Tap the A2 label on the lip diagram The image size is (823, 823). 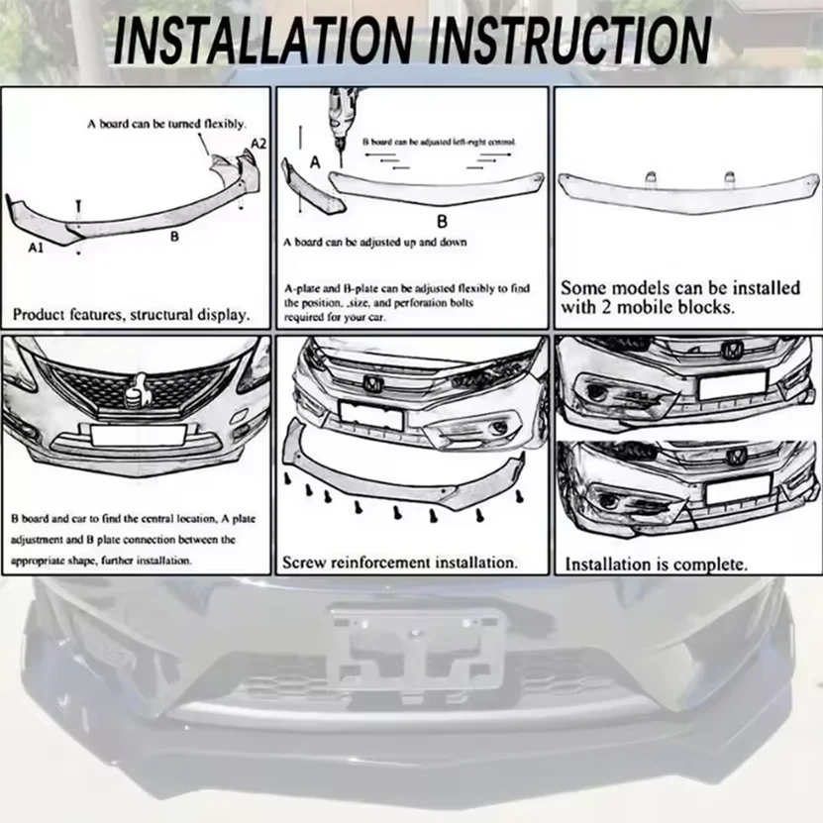click(257, 145)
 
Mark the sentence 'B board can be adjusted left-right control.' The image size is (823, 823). click(439, 143)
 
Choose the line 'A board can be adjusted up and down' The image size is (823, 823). click(374, 243)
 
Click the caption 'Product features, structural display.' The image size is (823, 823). click(131, 316)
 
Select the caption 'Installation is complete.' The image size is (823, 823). click(656, 565)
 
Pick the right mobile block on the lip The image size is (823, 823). click(729, 177)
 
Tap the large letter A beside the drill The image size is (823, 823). click(316, 162)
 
